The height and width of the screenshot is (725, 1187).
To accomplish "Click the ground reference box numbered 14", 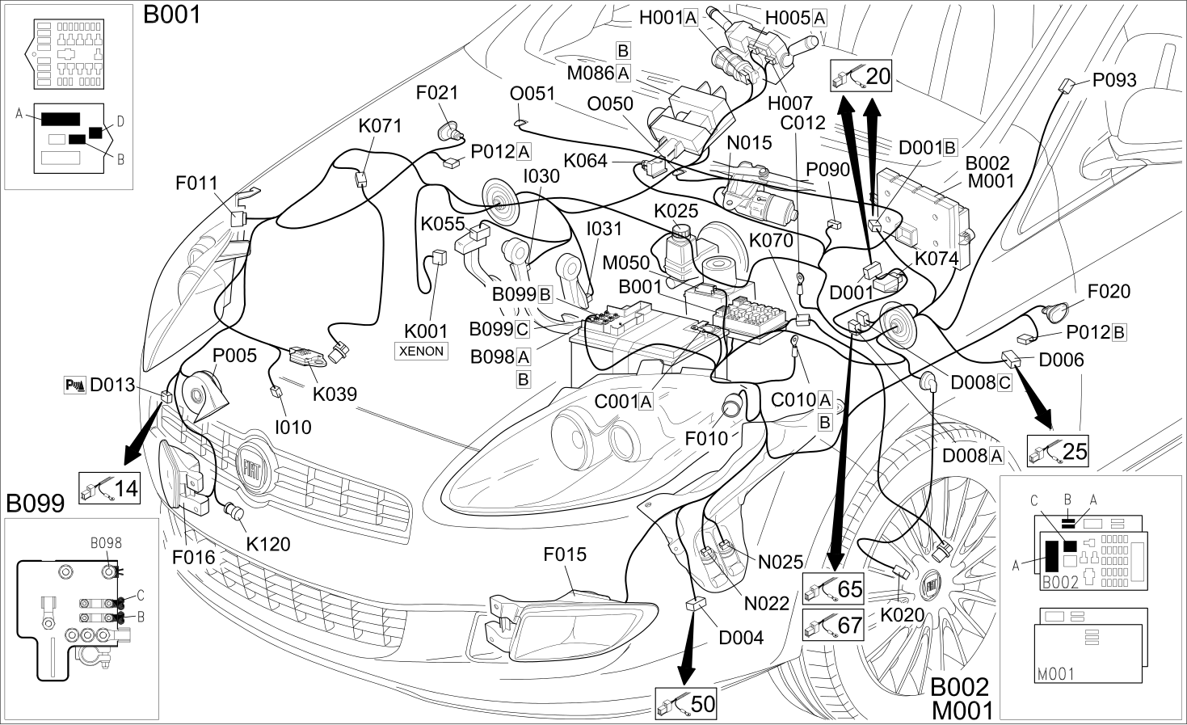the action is pos(110,488).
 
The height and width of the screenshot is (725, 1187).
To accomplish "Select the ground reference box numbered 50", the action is pos(686,704).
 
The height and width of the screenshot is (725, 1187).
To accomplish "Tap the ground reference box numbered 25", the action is pos(1058,451).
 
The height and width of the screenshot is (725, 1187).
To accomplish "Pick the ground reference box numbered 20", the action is pos(861,76).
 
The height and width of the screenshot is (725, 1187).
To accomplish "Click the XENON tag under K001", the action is pos(421,352).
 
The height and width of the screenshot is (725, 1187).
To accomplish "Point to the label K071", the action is pos(380,126).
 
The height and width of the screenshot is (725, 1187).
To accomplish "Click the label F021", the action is pos(436,93).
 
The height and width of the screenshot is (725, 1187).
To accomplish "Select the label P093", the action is pos(1114,80).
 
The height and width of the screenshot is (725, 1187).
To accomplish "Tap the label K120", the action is pos(268,544).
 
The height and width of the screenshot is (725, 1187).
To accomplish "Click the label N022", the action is pos(767,603).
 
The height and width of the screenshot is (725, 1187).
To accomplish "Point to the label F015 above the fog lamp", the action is pos(565,554).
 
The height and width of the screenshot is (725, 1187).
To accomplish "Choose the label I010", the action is pos(293,427).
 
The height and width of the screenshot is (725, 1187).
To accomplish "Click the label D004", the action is pos(741,638).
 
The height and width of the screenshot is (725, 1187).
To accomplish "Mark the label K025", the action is pos(676,211).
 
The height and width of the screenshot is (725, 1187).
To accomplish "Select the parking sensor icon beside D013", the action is pos(74,386).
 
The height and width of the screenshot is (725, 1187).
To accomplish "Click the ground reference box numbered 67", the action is pos(833,625).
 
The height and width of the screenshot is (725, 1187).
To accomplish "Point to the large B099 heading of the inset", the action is pos(36,504).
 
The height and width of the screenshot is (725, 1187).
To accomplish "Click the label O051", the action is pos(532,94).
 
